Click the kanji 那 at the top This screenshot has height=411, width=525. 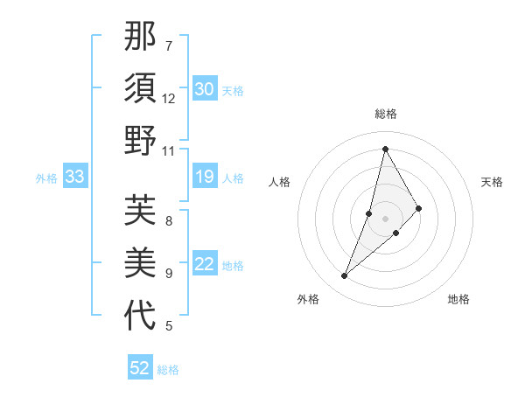tap(140, 36)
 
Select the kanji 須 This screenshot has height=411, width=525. tap(140, 88)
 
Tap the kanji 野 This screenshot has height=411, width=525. tap(140, 141)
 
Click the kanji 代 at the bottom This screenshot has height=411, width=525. tap(140, 316)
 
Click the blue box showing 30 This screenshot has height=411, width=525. tap(204, 89)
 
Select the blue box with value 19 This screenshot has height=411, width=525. tap(204, 178)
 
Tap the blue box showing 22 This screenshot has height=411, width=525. tap(204, 265)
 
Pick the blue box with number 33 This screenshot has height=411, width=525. tap(74, 178)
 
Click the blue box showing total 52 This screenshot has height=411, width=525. tap(140, 368)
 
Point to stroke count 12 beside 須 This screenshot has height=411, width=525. tap(169, 98)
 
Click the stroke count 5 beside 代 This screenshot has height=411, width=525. tap(169, 326)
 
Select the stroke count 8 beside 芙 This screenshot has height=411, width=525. tap(169, 220)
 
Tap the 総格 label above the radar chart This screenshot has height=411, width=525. tap(386, 114)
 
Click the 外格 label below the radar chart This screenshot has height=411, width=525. tap(308, 299)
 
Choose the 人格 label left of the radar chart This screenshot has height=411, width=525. tap(280, 182)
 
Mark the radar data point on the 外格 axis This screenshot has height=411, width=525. tap(345, 276)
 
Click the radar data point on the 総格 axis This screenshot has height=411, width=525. tap(385, 148)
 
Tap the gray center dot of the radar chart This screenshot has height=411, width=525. tap(385, 218)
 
